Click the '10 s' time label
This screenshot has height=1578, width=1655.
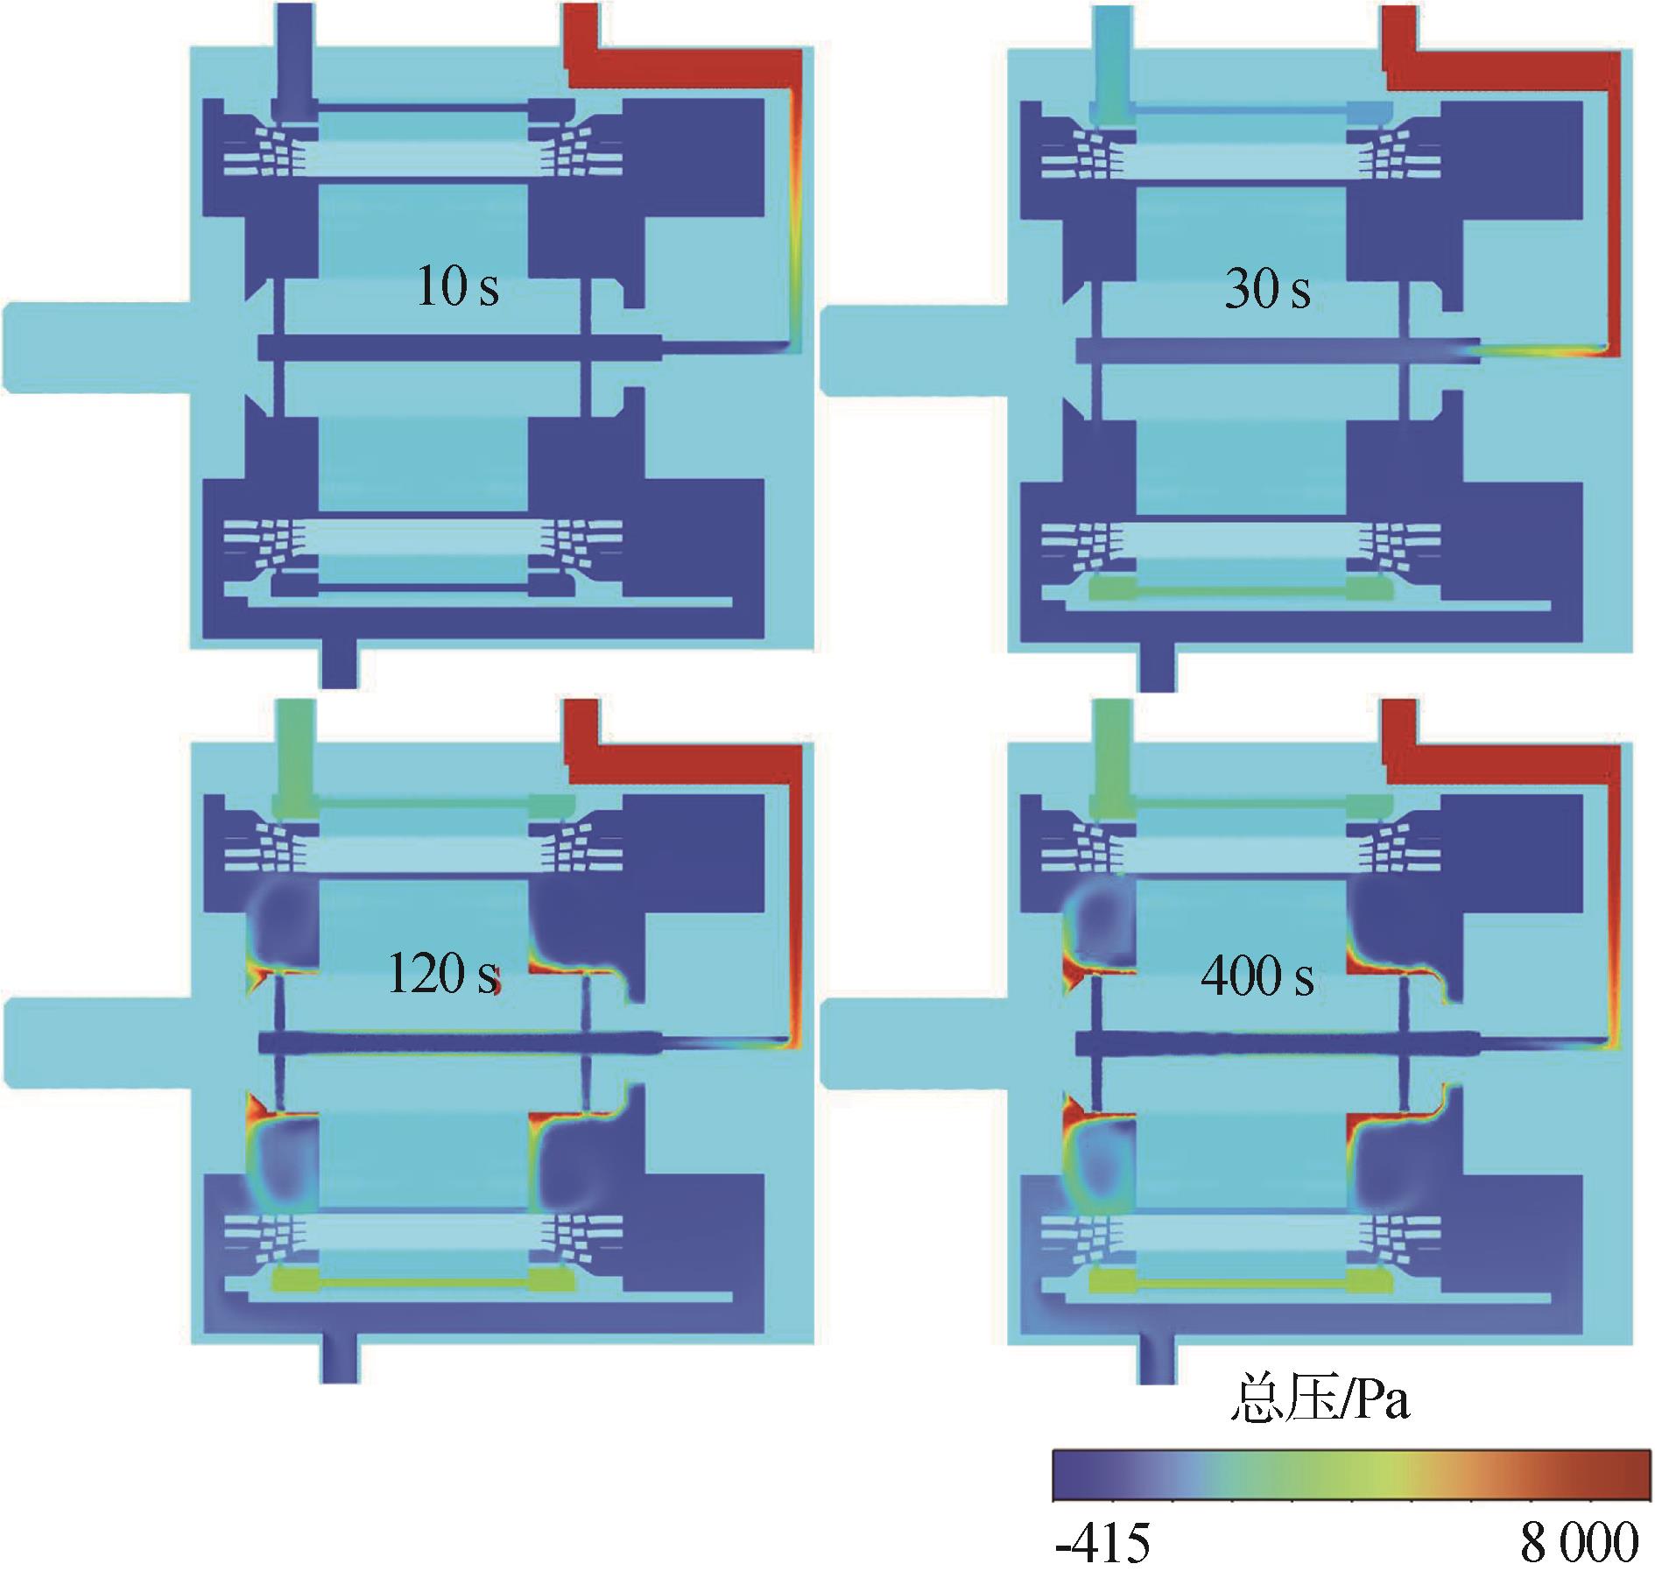tap(458, 286)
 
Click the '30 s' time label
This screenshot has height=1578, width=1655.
tap(1267, 288)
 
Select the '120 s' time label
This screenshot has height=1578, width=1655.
tap(442, 973)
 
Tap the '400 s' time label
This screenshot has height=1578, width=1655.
tap(1257, 976)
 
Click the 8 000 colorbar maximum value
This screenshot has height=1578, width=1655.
tap(1580, 1543)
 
